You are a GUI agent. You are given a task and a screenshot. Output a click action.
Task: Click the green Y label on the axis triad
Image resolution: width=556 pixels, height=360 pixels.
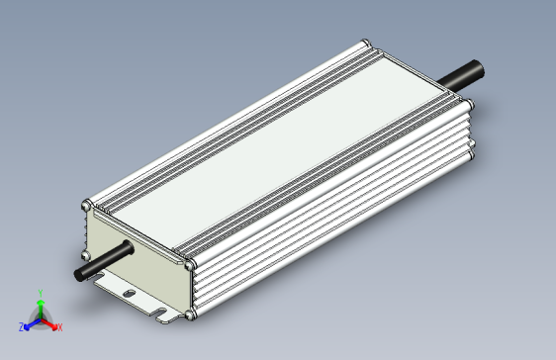[40, 293]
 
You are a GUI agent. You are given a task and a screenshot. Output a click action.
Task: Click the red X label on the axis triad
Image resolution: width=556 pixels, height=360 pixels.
[59, 326]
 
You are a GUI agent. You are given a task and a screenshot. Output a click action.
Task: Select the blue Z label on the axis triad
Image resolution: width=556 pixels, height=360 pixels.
[22, 326]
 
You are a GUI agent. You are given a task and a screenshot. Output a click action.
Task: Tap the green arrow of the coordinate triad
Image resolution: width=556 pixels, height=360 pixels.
[40, 307]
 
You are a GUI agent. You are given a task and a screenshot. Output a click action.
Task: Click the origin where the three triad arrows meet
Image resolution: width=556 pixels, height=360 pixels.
[40, 318]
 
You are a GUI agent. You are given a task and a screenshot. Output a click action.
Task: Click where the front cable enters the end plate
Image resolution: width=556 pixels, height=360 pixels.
[126, 250]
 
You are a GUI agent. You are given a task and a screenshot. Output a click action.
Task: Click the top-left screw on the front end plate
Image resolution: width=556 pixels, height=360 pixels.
[86, 206]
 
